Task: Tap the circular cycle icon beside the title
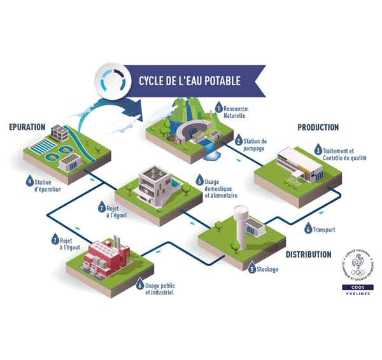[x=111, y=80]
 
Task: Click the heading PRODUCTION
[x=318, y=128]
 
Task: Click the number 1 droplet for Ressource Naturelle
[x=218, y=107]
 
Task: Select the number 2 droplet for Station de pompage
[x=239, y=141]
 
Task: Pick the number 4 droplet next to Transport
[x=308, y=228]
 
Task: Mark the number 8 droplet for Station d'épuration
[x=29, y=182]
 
